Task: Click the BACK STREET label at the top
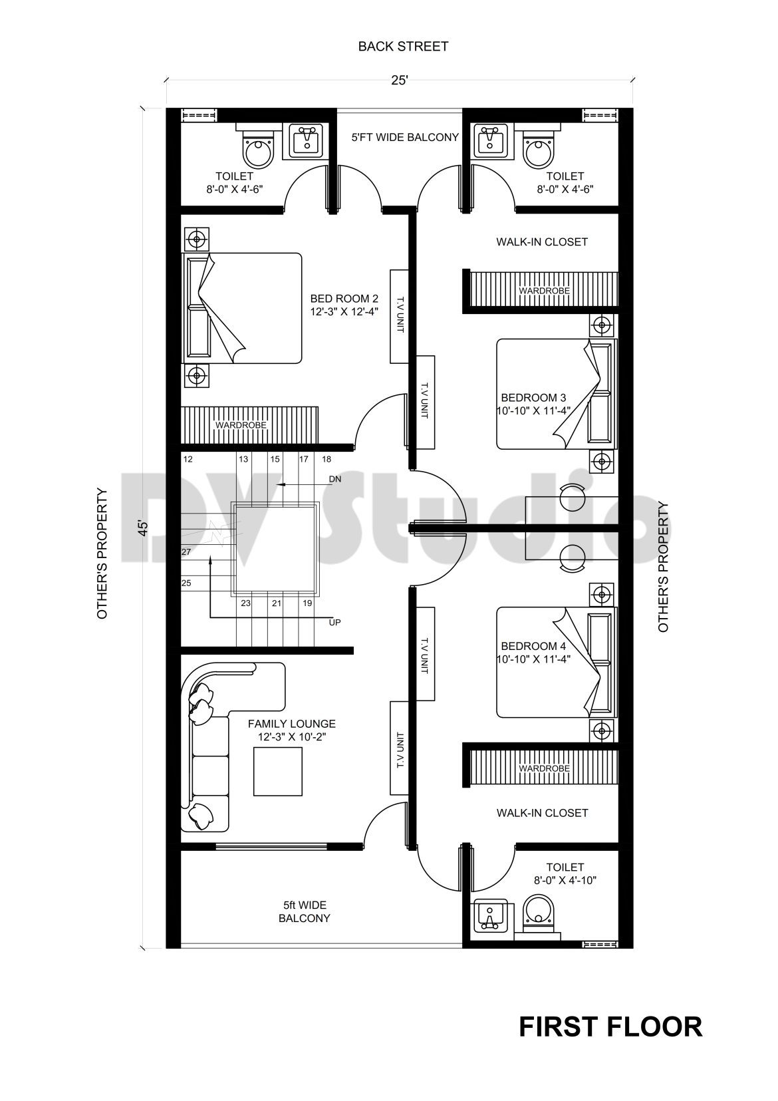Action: click(403, 47)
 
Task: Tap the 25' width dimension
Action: click(399, 80)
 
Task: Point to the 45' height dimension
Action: click(142, 527)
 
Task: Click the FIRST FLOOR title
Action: click(610, 1026)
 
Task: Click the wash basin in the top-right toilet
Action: click(491, 140)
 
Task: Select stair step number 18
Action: click(326, 459)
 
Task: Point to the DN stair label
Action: click(334, 479)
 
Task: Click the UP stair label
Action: click(334, 623)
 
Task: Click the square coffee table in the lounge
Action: click(278, 772)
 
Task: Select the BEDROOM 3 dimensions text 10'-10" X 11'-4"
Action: click(533, 410)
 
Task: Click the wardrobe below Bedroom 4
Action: click(544, 768)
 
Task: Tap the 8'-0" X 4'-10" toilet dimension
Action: click(565, 880)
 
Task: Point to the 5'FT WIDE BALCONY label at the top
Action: click(405, 137)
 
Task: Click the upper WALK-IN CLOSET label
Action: click(542, 242)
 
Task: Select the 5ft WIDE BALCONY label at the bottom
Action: click(304, 912)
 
